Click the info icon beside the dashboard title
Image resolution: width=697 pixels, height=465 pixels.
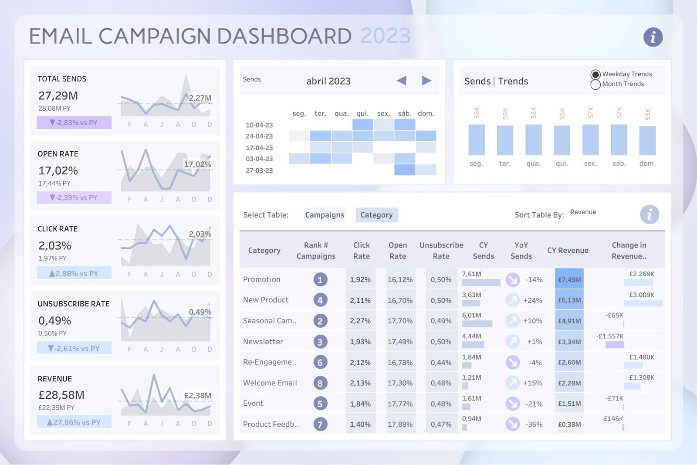coord(653,37)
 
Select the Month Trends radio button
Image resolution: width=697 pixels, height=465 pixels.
coord(595,85)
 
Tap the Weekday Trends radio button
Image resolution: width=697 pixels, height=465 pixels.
coord(595,75)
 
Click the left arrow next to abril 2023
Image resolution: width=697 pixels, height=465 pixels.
coord(402,81)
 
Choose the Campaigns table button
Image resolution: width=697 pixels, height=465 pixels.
coord(325,215)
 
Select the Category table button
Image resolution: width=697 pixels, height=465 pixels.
coord(376,215)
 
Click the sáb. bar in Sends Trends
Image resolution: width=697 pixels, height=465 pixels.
coord(619,140)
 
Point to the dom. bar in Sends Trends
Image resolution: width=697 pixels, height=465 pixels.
coord(647,141)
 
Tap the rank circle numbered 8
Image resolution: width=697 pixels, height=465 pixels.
coord(320,383)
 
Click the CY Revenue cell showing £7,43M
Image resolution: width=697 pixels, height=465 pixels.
coord(569,279)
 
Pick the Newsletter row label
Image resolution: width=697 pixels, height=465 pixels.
coord(263,342)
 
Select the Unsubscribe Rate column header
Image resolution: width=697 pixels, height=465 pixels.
coord(441,251)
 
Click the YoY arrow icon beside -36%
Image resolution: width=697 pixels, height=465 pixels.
coord(513,424)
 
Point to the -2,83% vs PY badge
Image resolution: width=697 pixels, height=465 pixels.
coord(74,123)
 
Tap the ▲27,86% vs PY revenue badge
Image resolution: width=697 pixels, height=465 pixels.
coord(74,422)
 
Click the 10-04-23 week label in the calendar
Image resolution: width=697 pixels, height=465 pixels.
coord(259,125)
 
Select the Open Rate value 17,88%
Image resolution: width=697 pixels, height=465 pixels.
coord(400,424)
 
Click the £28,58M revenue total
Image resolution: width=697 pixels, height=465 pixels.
coord(61,395)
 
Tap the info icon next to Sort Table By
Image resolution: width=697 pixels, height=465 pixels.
coord(649,214)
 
